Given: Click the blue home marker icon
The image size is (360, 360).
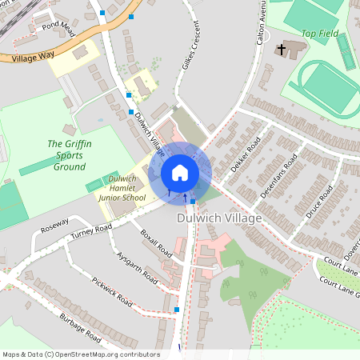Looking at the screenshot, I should point(180,173).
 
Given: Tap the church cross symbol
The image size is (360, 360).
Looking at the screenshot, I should point(282,50).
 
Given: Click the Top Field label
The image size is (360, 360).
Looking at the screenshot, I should point(320,34).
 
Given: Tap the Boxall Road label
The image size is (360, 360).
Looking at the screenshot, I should point(156,242).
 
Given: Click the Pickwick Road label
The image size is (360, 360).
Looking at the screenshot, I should point(112,292).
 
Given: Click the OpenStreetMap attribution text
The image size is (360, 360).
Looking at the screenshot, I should point(80,354).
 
